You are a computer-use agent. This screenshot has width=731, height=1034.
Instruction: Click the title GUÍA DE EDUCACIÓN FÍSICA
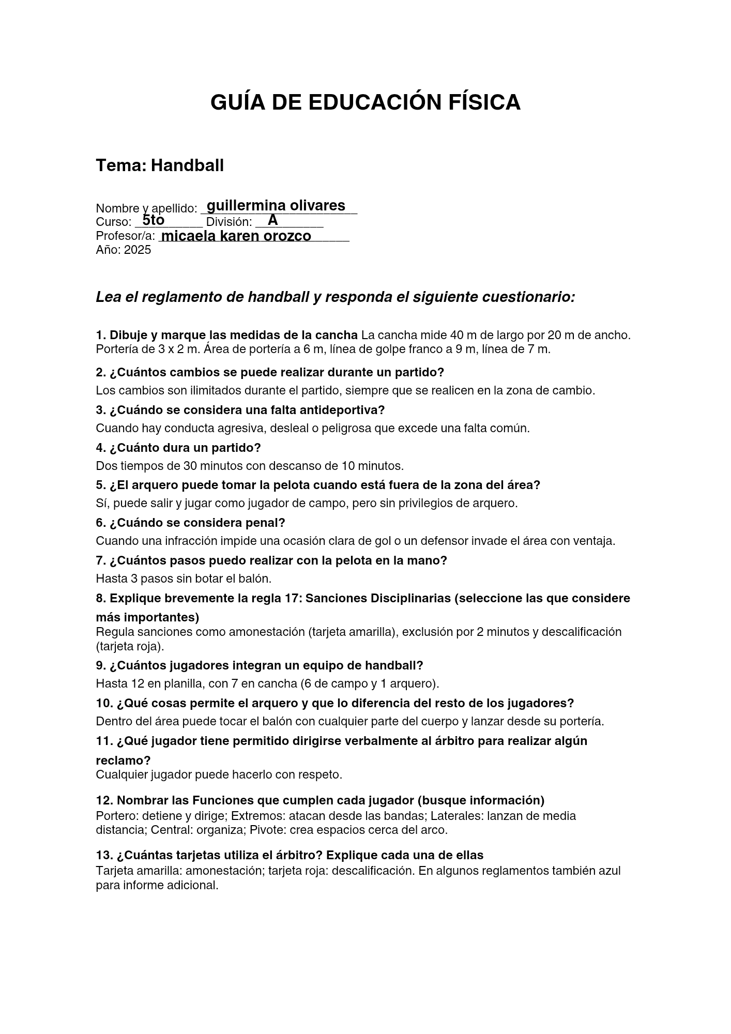(365, 102)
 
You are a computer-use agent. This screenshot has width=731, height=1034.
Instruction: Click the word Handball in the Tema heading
(187, 165)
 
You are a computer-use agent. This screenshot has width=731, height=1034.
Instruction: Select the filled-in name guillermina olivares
(276, 206)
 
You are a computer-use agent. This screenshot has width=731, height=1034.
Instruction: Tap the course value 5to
(153, 220)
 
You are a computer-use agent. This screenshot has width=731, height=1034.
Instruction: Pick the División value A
(273, 220)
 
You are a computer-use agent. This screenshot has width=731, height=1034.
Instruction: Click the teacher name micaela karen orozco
(236, 236)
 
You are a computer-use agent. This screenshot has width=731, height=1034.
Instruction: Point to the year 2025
(138, 250)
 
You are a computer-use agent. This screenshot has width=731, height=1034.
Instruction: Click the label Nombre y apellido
(146, 208)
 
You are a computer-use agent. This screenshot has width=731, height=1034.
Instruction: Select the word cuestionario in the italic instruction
(528, 297)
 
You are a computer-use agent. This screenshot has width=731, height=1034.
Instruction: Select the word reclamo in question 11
(123, 761)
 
